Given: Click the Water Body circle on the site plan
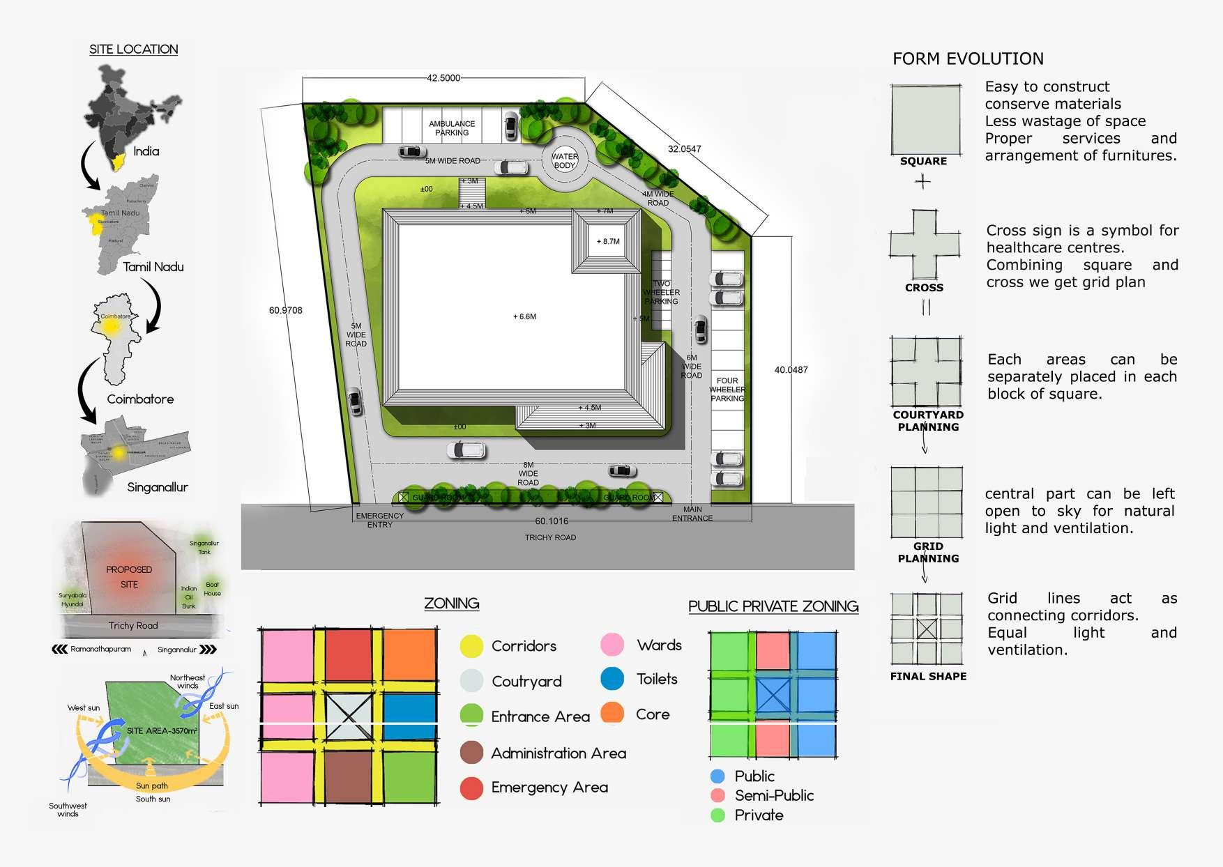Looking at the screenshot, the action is pos(565,161).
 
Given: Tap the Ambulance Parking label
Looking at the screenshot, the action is pos(452,128).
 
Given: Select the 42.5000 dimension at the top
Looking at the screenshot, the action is pos(443,78).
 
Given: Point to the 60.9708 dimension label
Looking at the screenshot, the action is pos(286,310).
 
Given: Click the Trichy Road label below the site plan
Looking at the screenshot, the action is pos(550,537).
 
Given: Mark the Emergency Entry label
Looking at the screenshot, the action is pos(379,520).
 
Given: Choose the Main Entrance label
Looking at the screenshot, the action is pos(692,514).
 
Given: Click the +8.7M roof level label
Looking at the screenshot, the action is pos(607,242).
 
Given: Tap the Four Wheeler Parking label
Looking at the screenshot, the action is pos(727,390).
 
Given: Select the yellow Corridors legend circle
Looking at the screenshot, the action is pos(471,646).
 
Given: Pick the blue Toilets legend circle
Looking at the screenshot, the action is pos(612,679).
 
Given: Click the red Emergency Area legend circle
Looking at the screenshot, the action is pos(471,788).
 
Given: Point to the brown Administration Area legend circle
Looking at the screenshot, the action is pos(471,753).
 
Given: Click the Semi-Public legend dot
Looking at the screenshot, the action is pos(717,795).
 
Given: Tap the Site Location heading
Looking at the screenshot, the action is pos(133,49).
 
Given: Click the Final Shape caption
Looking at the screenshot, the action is pos(928,676).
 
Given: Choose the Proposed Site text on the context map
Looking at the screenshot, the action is pos(129,577).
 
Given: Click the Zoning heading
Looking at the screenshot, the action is pos(451,604).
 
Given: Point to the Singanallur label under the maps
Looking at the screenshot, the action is pos(158,487).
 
